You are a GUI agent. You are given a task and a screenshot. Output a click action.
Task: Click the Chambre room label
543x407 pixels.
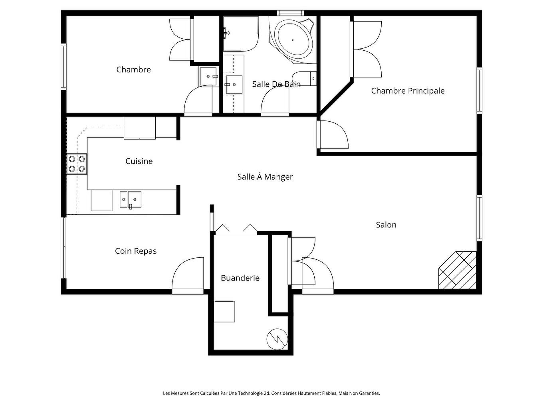click(x=133, y=69)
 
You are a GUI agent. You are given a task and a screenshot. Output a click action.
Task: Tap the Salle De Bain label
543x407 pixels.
click(x=276, y=84)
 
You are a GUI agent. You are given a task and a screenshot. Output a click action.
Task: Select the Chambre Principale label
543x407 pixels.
click(x=408, y=91)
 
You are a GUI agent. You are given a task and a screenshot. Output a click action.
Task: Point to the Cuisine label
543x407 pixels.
click(x=139, y=161)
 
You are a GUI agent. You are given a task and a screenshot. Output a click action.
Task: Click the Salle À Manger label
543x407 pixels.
click(x=265, y=177)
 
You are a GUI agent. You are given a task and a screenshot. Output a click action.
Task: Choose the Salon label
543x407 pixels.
click(x=386, y=225)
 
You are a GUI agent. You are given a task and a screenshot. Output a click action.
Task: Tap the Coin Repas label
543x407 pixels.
click(x=136, y=251)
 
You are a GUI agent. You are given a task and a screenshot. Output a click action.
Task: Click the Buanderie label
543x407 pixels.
click(x=240, y=278)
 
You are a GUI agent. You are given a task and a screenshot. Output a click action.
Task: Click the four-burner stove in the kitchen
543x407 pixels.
click(x=77, y=164)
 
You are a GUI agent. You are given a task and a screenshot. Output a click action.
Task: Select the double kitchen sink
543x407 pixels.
click(x=131, y=200)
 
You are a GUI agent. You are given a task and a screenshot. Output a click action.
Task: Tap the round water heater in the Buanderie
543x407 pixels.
click(x=277, y=339)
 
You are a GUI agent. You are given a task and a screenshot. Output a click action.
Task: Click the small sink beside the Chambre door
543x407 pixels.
click(x=208, y=76)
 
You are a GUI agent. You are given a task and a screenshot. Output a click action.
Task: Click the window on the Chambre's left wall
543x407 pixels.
click(x=63, y=66)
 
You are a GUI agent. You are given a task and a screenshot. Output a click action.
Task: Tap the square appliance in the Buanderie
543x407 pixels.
click(x=224, y=312)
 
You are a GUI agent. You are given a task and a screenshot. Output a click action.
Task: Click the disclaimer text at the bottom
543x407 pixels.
click(x=271, y=393)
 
